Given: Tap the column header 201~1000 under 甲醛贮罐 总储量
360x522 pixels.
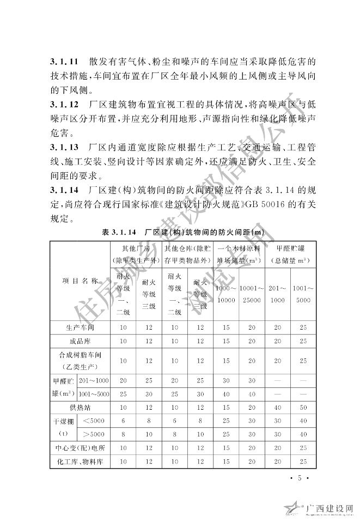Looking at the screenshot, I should click(x=278, y=294).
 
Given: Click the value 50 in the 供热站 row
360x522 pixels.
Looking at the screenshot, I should click(x=303, y=407).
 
